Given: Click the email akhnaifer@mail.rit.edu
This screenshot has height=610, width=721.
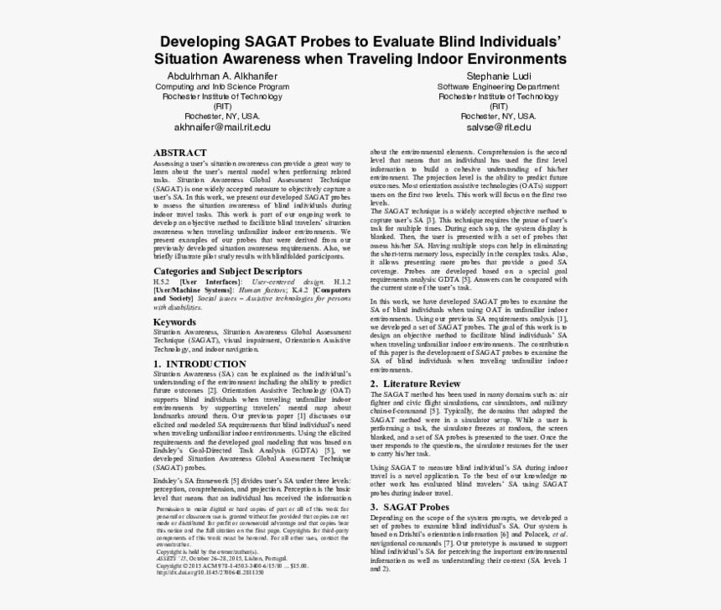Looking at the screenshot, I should click(222, 127).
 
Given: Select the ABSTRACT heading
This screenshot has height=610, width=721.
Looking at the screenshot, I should click(179, 152).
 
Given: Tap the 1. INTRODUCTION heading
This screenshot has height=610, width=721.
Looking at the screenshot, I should click(200, 363).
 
